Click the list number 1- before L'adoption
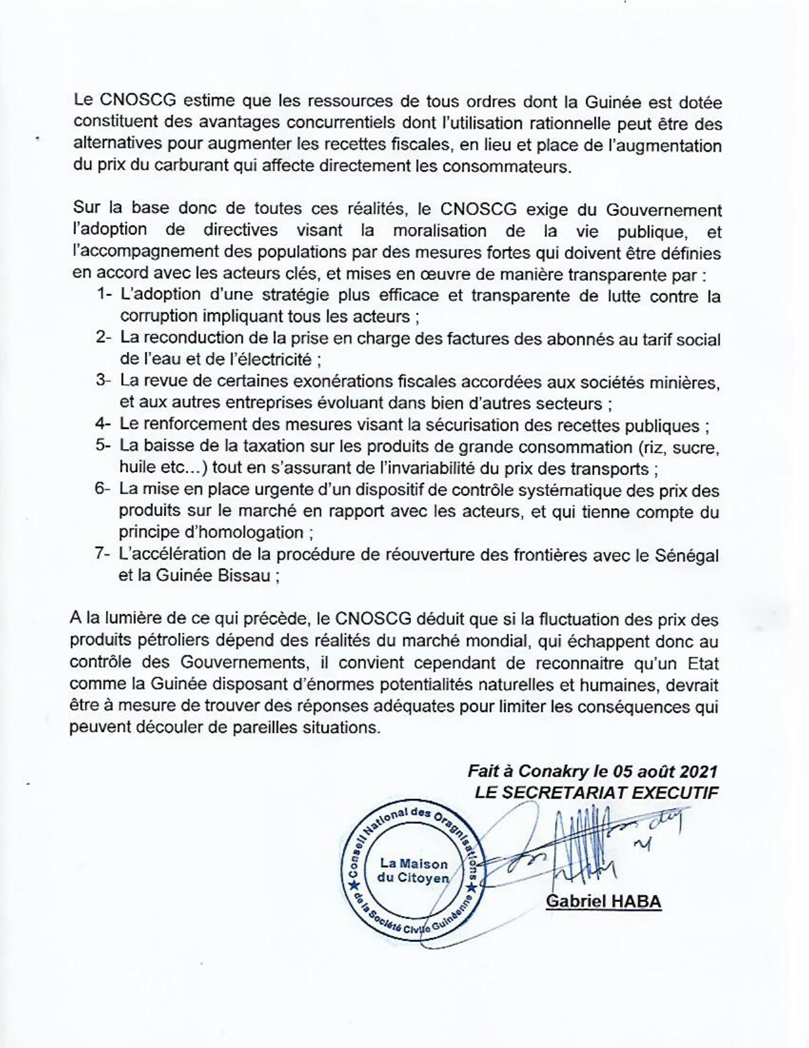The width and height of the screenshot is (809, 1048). point(104,295)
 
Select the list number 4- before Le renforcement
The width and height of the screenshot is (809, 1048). point(103,424)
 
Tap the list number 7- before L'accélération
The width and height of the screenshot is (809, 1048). point(103,554)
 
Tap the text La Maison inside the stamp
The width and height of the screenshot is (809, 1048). point(414,864)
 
